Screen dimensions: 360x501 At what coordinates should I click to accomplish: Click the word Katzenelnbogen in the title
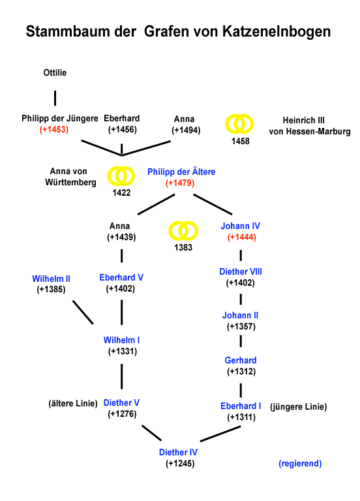pos(277,31)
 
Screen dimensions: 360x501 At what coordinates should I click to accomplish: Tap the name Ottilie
pos(55,72)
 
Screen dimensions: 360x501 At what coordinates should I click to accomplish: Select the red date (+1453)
pos(54,130)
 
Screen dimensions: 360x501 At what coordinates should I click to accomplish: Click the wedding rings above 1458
pos(239,124)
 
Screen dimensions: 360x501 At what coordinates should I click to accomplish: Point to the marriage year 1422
pos(121,192)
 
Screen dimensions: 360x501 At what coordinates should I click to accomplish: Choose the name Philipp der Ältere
pos(181,172)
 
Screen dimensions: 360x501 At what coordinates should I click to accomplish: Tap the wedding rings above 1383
pos(183,231)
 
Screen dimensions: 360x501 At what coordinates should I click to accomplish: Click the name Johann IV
pos(240,226)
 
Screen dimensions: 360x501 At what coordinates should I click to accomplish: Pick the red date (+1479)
pos(180,183)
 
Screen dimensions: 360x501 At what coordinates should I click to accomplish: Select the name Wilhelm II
pos(51,279)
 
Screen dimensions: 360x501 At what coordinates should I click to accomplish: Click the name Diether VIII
pos(241,271)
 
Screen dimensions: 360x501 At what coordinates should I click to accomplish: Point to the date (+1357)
pos(241,327)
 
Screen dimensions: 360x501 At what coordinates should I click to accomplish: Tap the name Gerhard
pos(241,360)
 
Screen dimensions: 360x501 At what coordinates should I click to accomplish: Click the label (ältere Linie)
pos(73,404)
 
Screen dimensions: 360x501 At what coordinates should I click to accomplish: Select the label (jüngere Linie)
pos(298,407)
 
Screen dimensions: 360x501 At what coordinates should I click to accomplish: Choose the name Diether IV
pos(178,453)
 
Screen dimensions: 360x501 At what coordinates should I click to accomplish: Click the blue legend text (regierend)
pos(300,464)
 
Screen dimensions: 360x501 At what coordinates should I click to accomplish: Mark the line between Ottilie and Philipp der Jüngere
pos(55,98)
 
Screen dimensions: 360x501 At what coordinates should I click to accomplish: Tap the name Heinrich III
pos(303,121)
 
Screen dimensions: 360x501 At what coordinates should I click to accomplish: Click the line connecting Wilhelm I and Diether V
pos(122,376)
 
